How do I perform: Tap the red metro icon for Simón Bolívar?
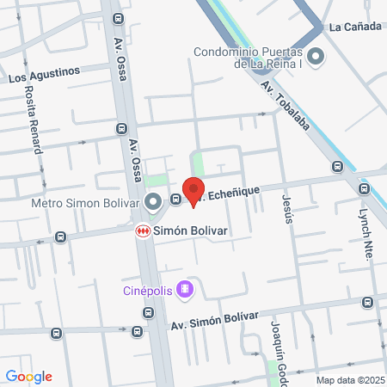(143, 231)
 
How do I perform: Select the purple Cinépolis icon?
(183, 289)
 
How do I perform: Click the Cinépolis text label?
(146, 290)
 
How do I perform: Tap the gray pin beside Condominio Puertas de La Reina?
(316, 58)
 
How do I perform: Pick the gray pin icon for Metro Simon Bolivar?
(153, 203)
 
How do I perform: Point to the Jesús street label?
(287, 207)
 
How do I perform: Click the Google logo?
(29, 377)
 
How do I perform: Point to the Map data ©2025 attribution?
(348, 380)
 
